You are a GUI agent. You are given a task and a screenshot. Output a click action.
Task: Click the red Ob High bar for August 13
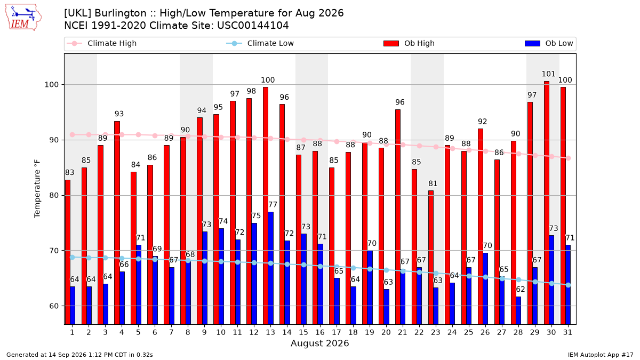click(x=266, y=206)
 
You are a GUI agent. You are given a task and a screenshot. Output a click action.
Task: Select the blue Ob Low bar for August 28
click(x=518, y=310)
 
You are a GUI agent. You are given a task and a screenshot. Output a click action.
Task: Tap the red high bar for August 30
click(x=547, y=203)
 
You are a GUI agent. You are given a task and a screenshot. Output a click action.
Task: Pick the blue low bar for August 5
click(x=139, y=285)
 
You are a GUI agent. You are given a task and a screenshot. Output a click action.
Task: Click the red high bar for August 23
click(x=431, y=258)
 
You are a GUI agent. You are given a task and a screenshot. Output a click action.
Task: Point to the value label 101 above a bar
click(x=548, y=74)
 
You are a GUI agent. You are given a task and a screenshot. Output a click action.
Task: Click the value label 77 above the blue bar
click(x=273, y=205)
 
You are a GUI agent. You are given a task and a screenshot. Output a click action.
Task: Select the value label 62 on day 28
click(x=521, y=289)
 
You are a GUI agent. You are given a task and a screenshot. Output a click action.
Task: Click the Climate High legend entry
click(x=101, y=43)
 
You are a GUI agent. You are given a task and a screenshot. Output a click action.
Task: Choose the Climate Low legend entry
click(x=260, y=43)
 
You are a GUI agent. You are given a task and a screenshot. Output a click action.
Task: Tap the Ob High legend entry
click(x=409, y=43)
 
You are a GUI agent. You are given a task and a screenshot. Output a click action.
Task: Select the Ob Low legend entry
click(x=549, y=43)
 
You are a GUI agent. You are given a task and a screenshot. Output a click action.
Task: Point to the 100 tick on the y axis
click(x=51, y=85)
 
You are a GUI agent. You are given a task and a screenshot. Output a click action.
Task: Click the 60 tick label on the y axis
click(x=54, y=306)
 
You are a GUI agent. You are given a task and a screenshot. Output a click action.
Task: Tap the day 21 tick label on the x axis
click(x=402, y=332)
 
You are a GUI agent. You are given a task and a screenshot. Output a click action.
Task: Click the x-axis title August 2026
click(x=319, y=343)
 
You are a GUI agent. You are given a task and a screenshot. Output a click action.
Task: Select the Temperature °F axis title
click(x=37, y=189)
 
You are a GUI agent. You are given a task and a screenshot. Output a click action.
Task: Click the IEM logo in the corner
click(x=23, y=18)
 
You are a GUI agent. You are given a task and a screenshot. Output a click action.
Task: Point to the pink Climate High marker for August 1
click(x=73, y=134)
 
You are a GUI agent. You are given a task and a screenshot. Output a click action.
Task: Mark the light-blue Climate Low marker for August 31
click(x=569, y=285)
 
